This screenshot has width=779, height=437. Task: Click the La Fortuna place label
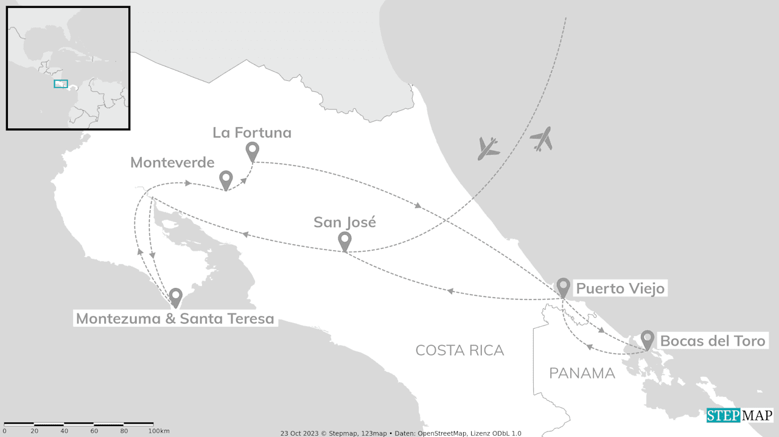(252, 133)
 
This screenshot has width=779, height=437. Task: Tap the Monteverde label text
(172, 163)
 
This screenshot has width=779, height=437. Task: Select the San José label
(344, 222)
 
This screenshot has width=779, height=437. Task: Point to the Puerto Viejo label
(620, 288)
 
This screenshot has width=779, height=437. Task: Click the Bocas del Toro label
(712, 341)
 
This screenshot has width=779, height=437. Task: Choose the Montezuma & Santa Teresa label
(175, 318)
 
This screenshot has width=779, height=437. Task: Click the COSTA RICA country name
(459, 350)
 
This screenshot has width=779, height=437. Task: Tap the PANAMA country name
(582, 373)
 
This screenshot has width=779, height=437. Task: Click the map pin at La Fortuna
(252, 152)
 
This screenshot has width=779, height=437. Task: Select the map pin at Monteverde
(226, 180)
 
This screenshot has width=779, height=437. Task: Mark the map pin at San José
(344, 241)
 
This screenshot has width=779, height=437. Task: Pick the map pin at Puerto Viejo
(564, 287)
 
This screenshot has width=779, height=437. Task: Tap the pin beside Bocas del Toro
(647, 340)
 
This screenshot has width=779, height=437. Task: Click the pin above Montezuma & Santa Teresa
(176, 297)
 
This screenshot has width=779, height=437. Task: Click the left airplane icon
(487, 148)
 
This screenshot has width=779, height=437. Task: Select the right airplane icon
(541, 139)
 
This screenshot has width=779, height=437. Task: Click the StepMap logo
(739, 416)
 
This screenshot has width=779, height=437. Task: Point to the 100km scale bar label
(159, 431)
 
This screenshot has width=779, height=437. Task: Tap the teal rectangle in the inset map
(60, 84)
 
